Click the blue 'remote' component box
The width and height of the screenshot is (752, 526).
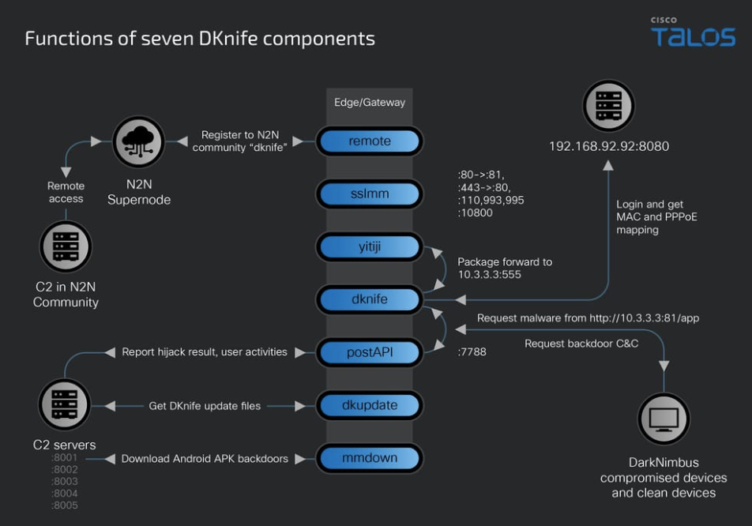(x=370, y=141)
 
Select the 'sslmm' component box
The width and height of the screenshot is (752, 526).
(x=370, y=193)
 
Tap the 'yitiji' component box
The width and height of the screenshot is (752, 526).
(x=370, y=247)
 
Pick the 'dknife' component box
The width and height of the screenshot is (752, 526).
(x=370, y=299)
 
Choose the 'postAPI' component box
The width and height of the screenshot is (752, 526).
(x=370, y=352)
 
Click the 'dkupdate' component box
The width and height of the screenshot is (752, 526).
(x=370, y=405)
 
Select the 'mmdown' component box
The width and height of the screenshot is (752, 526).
(x=370, y=458)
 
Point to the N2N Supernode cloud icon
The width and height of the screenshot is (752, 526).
(x=138, y=143)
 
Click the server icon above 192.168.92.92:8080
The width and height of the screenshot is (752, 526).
(x=609, y=107)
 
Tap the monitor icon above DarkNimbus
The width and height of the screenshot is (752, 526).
(x=664, y=419)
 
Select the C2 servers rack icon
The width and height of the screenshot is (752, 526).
(x=64, y=405)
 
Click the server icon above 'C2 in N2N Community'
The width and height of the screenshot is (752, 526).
(x=66, y=247)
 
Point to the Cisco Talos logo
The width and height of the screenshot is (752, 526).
(x=693, y=34)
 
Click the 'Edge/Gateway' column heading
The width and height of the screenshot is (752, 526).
(x=370, y=103)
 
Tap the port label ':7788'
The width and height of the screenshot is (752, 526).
(x=472, y=352)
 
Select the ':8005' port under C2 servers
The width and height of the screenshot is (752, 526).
(x=65, y=505)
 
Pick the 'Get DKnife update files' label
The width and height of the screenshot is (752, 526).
(x=205, y=406)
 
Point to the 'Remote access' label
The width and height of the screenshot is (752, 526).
(x=66, y=192)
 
